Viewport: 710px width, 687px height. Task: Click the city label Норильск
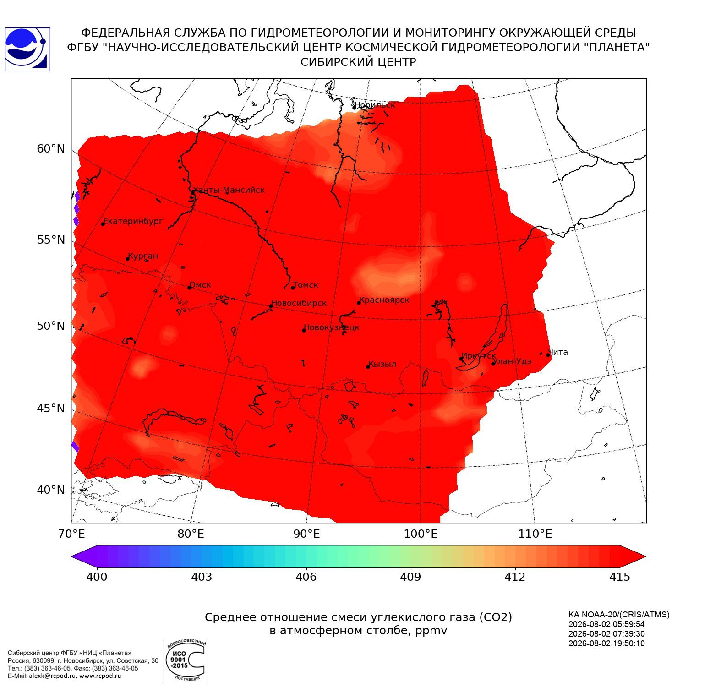(375, 105)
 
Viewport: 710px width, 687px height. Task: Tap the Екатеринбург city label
(133, 221)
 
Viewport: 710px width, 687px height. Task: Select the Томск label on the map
(306, 285)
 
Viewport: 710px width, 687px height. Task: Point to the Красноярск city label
(384, 300)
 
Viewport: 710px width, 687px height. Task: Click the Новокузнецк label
(332, 327)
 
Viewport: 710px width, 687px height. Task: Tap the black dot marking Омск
(190, 288)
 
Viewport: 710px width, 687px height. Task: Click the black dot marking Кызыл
(368, 367)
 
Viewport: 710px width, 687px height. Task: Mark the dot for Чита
(548, 355)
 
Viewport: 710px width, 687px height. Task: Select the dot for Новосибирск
(271, 306)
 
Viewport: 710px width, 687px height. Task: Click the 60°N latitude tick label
(51, 149)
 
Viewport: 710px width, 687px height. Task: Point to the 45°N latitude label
(51, 408)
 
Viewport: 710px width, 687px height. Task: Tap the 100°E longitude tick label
(421, 534)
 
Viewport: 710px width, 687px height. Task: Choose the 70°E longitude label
(71, 534)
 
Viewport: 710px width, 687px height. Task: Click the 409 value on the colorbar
(410, 577)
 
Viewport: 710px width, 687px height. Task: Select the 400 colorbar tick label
(97, 577)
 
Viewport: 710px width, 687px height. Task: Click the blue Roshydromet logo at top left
(27, 49)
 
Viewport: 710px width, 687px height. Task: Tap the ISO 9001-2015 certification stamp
(185, 660)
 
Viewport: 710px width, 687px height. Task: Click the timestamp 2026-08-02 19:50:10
(606, 643)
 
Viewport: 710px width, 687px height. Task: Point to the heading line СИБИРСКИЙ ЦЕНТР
(359, 62)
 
